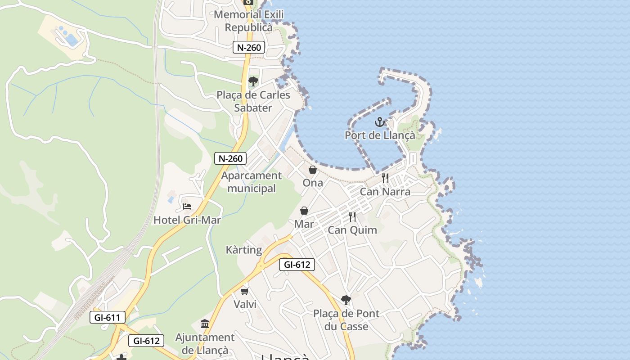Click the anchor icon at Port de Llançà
pos(380,122)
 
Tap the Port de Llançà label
pos(380,135)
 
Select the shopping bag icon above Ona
pos(312,170)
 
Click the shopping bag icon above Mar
pos(304,211)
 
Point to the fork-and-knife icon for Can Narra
pos(385,178)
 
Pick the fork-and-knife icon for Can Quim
pos(352,217)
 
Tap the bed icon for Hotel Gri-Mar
pos(187,207)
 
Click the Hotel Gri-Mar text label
pos(187,220)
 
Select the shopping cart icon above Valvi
pos(245,292)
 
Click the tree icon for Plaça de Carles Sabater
pos(253,81)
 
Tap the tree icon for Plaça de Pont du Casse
pos(346,300)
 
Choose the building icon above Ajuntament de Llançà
pos(205,324)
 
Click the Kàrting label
pos(243,250)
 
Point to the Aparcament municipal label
pos(252,182)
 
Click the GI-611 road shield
pos(107,317)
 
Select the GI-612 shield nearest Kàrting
pos(297,265)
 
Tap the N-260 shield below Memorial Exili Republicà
pos(249,47)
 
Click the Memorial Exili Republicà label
pos(249,21)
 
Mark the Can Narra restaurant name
pos(385,192)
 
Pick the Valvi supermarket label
pos(245,304)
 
